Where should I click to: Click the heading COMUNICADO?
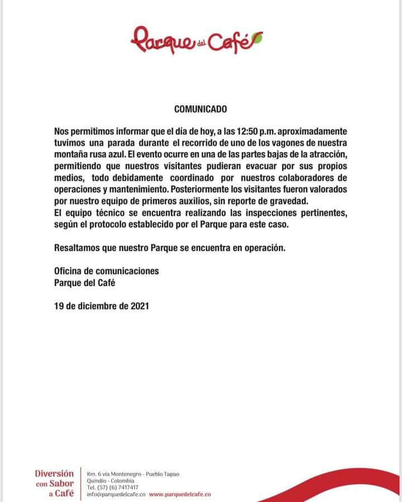200,110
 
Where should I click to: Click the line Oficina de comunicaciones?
107,271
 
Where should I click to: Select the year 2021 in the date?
138,306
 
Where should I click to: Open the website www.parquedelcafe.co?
180,494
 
